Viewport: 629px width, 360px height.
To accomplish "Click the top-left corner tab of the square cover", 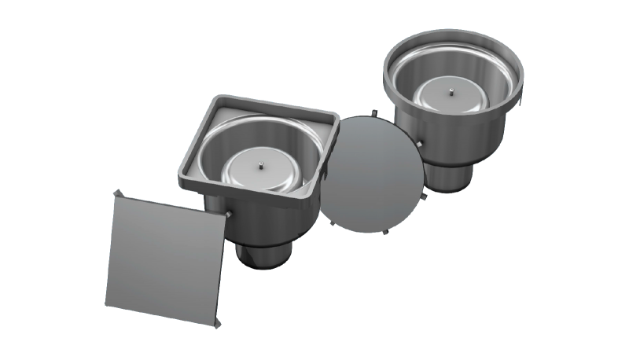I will tap(116, 193).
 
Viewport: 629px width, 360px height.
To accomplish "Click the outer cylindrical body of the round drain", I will tap(472, 138).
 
